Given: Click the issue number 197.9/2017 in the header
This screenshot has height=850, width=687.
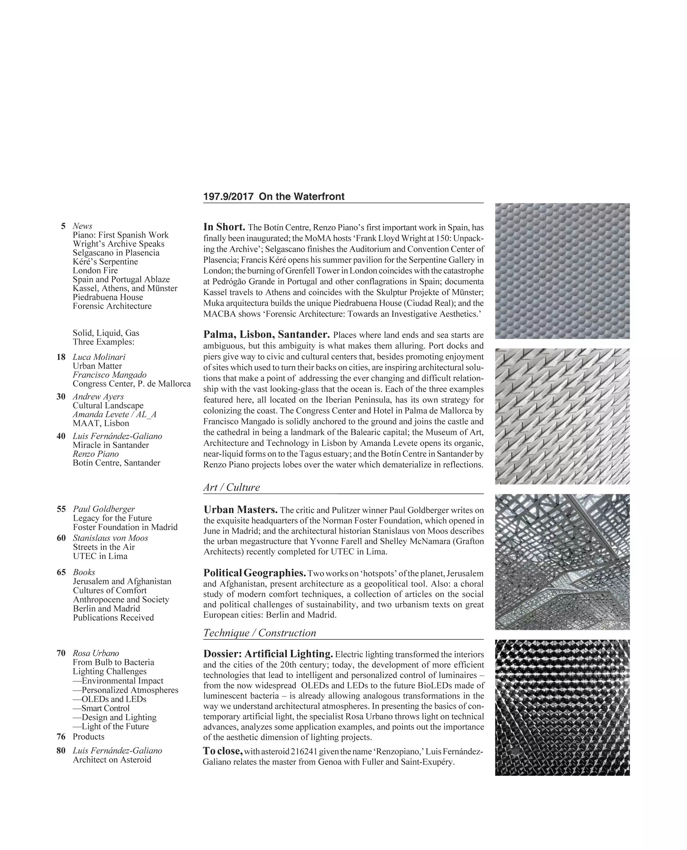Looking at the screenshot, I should [228, 197].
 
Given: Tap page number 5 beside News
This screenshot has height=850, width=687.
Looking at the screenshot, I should [63, 226].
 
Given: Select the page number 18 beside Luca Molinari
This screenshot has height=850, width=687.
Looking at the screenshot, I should [61, 357].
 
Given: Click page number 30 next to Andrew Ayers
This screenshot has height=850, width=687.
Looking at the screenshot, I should [61, 397].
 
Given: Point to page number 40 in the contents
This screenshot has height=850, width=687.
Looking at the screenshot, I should [61, 436].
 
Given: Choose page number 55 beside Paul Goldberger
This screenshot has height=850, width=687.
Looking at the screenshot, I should [61, 509].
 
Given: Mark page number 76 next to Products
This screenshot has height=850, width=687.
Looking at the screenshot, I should [61, 736].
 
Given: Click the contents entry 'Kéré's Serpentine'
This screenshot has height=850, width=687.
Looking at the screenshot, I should [105, 262].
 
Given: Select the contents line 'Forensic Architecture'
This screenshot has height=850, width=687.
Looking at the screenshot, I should [112, 306].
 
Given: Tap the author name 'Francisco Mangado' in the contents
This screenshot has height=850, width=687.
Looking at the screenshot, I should [109, 375].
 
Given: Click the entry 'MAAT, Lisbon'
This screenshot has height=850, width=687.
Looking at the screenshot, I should [101, 423].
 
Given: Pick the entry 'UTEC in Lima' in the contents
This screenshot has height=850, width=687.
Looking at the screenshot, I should [100, 556].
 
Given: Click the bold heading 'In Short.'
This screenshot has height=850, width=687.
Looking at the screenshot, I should [224, 227].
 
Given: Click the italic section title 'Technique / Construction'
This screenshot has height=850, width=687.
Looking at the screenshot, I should [260, 633].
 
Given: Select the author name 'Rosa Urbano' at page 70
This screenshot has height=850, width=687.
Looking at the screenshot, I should [96, 653].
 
